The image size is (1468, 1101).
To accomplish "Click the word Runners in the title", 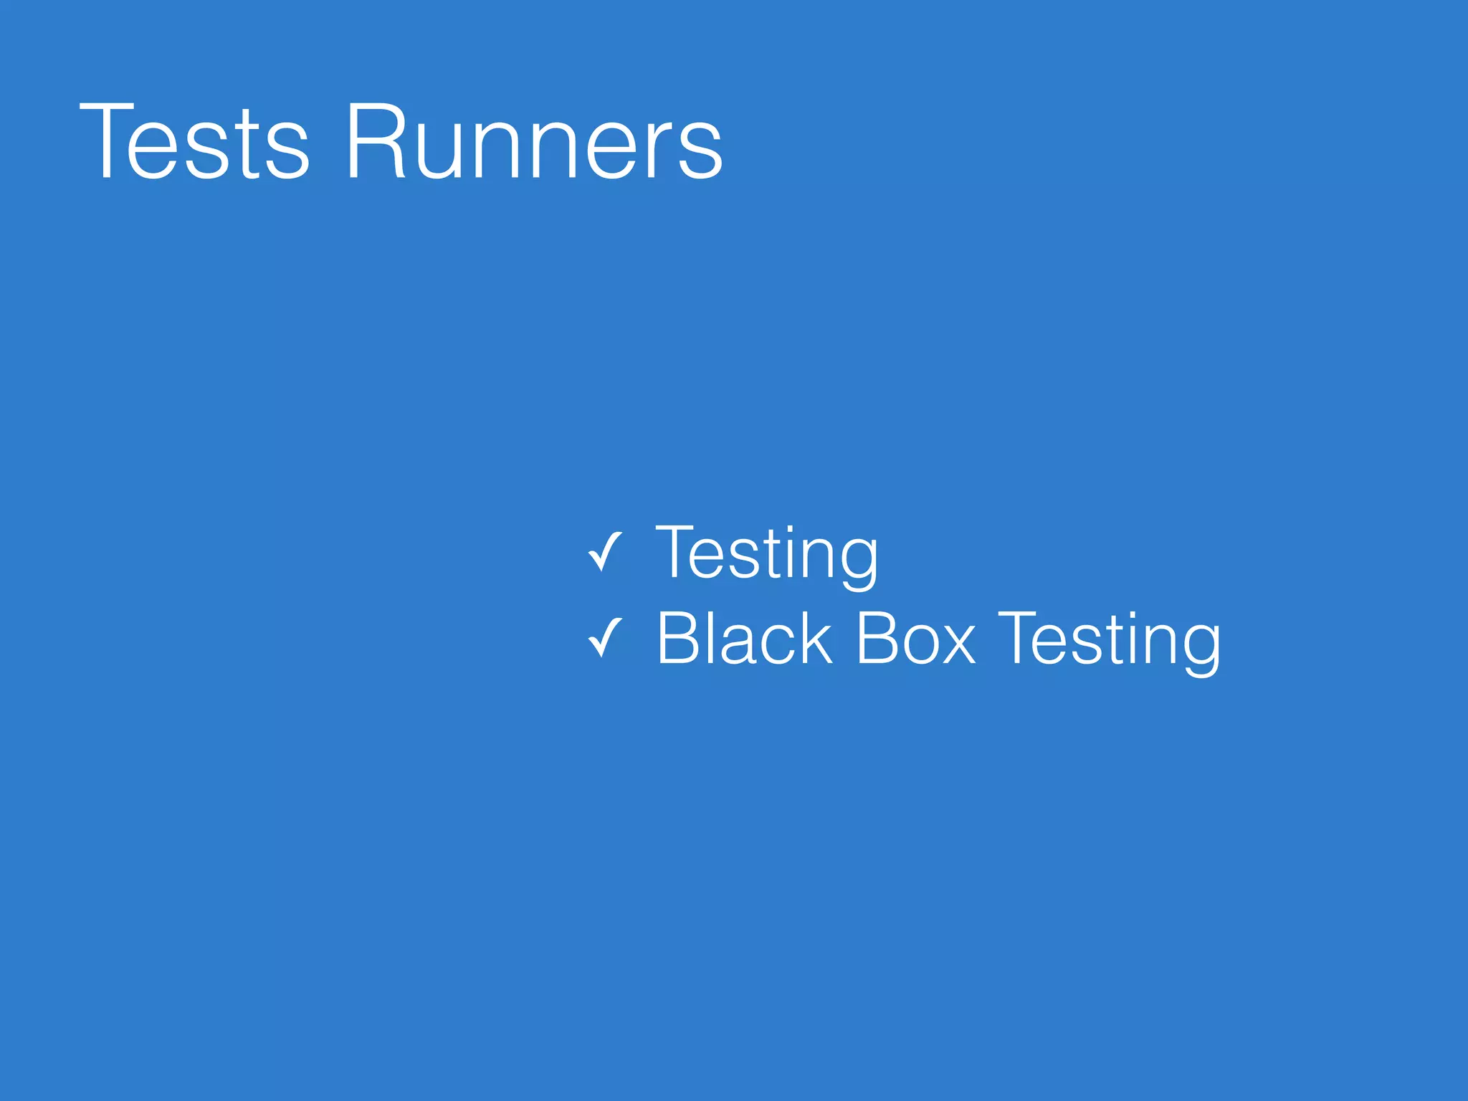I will pos(534,141).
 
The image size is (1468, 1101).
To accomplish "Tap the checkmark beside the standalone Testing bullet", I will pos(604,553).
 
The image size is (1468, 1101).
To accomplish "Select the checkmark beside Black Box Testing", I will pos(604,638).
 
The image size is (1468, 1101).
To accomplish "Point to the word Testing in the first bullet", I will pos(766,553).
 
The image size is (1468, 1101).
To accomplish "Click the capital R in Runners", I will pos(376,141).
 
